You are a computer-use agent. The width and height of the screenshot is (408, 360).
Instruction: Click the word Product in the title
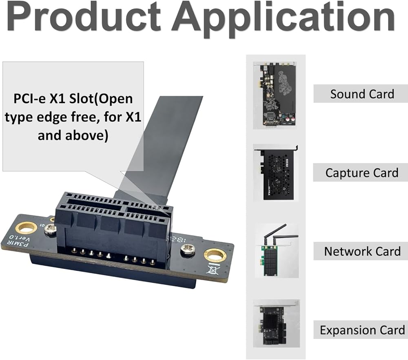tap(84, 18)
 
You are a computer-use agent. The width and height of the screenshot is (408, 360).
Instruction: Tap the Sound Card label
tap(361, 94)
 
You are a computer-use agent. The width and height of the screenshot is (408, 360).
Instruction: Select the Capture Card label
tap(361, 172)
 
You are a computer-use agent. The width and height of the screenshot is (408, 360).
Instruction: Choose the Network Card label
tap(362, 251)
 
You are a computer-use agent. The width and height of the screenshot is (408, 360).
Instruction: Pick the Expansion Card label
tap(362, 330)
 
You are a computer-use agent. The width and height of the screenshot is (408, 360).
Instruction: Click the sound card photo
tap(274, 95)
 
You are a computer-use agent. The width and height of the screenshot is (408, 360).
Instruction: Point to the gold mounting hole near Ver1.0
tap(26, 227)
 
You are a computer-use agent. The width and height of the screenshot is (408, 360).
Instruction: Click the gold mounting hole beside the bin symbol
tap(215, 256)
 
